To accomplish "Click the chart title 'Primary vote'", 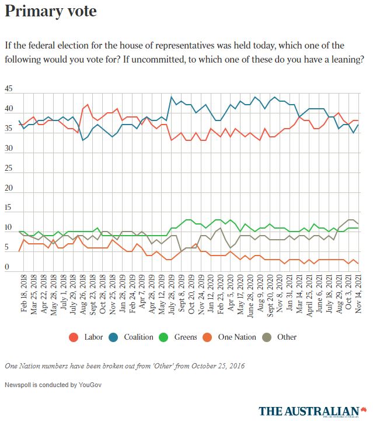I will click(51, 12).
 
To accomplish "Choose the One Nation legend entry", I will click(236, 337).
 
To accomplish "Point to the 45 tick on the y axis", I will click(8, 89).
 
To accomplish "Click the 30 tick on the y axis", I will click(8, 149).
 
